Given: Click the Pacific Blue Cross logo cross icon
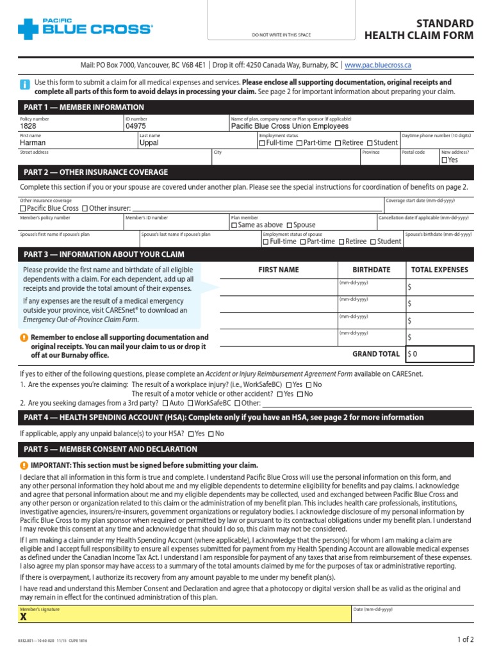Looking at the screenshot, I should [29, 29].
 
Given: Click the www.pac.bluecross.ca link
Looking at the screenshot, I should [377, 65].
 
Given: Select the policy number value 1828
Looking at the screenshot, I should [28, 127].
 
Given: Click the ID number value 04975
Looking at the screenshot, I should [135, 127].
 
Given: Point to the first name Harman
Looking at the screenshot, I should [33, 143].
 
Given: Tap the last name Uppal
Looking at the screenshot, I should [149, 143].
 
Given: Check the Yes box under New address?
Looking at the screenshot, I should [444, 160].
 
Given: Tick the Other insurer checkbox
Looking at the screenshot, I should [86, 209].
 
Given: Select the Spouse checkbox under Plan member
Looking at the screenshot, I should [290, 225].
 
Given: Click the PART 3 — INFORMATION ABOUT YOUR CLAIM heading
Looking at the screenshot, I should [104, 254].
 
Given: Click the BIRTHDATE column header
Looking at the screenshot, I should [371, 270].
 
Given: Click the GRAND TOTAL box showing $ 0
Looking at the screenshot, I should [440, 354].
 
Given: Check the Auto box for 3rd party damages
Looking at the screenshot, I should [166, 404].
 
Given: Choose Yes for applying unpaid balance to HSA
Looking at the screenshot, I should [191, 434].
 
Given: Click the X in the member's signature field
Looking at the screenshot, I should [24, 618].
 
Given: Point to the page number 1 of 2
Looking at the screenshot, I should [465, 639].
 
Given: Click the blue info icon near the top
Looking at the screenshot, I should [24, 85].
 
